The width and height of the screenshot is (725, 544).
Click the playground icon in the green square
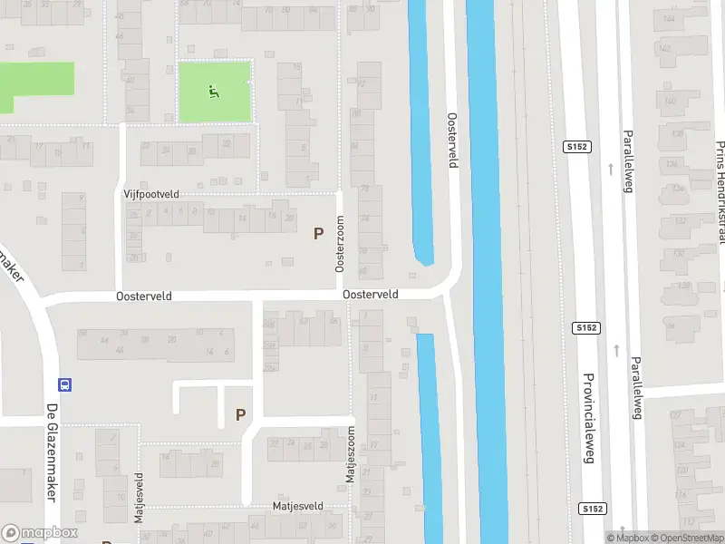point(213,91)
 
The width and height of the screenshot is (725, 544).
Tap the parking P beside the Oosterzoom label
point(318,233)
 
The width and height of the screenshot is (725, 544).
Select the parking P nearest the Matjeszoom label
point(240,415)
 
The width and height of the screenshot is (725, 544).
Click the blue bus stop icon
point(64,384)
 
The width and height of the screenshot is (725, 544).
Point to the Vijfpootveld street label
point(151,194)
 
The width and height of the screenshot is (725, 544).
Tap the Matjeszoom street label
point(350,457)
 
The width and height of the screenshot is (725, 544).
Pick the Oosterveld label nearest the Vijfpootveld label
point(143,296)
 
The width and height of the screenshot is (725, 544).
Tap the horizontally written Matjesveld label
point(298,506)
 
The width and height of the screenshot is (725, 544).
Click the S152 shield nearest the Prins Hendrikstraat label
point(577,146)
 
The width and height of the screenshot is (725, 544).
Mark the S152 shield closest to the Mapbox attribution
point(593,509)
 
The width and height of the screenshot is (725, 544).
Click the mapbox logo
point(38,533)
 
